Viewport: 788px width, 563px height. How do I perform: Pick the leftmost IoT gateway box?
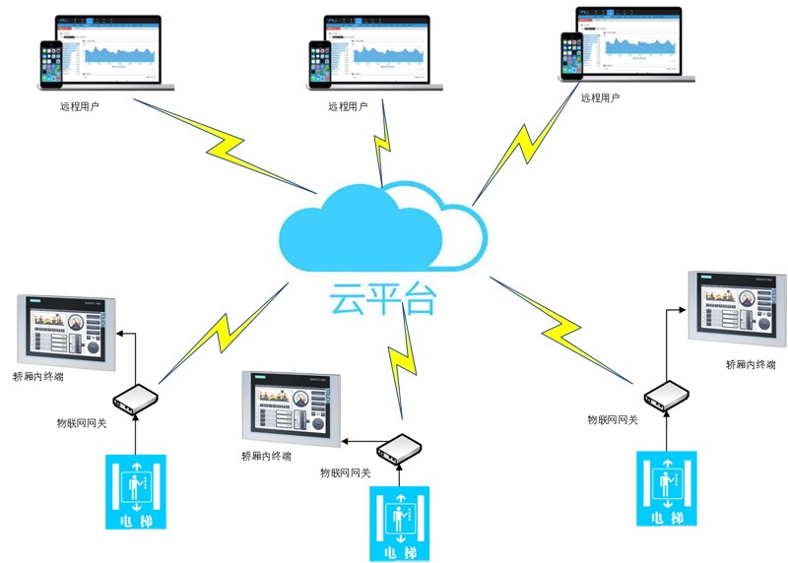[x=136, y=398]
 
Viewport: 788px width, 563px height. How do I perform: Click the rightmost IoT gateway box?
[x=666, y=395]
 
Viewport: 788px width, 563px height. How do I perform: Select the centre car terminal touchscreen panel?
[x=291, y=407]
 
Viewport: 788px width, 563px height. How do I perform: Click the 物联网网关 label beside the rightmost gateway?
[x=613, y=420]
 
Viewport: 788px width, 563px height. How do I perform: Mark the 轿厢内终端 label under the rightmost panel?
[x=750, y=364]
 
